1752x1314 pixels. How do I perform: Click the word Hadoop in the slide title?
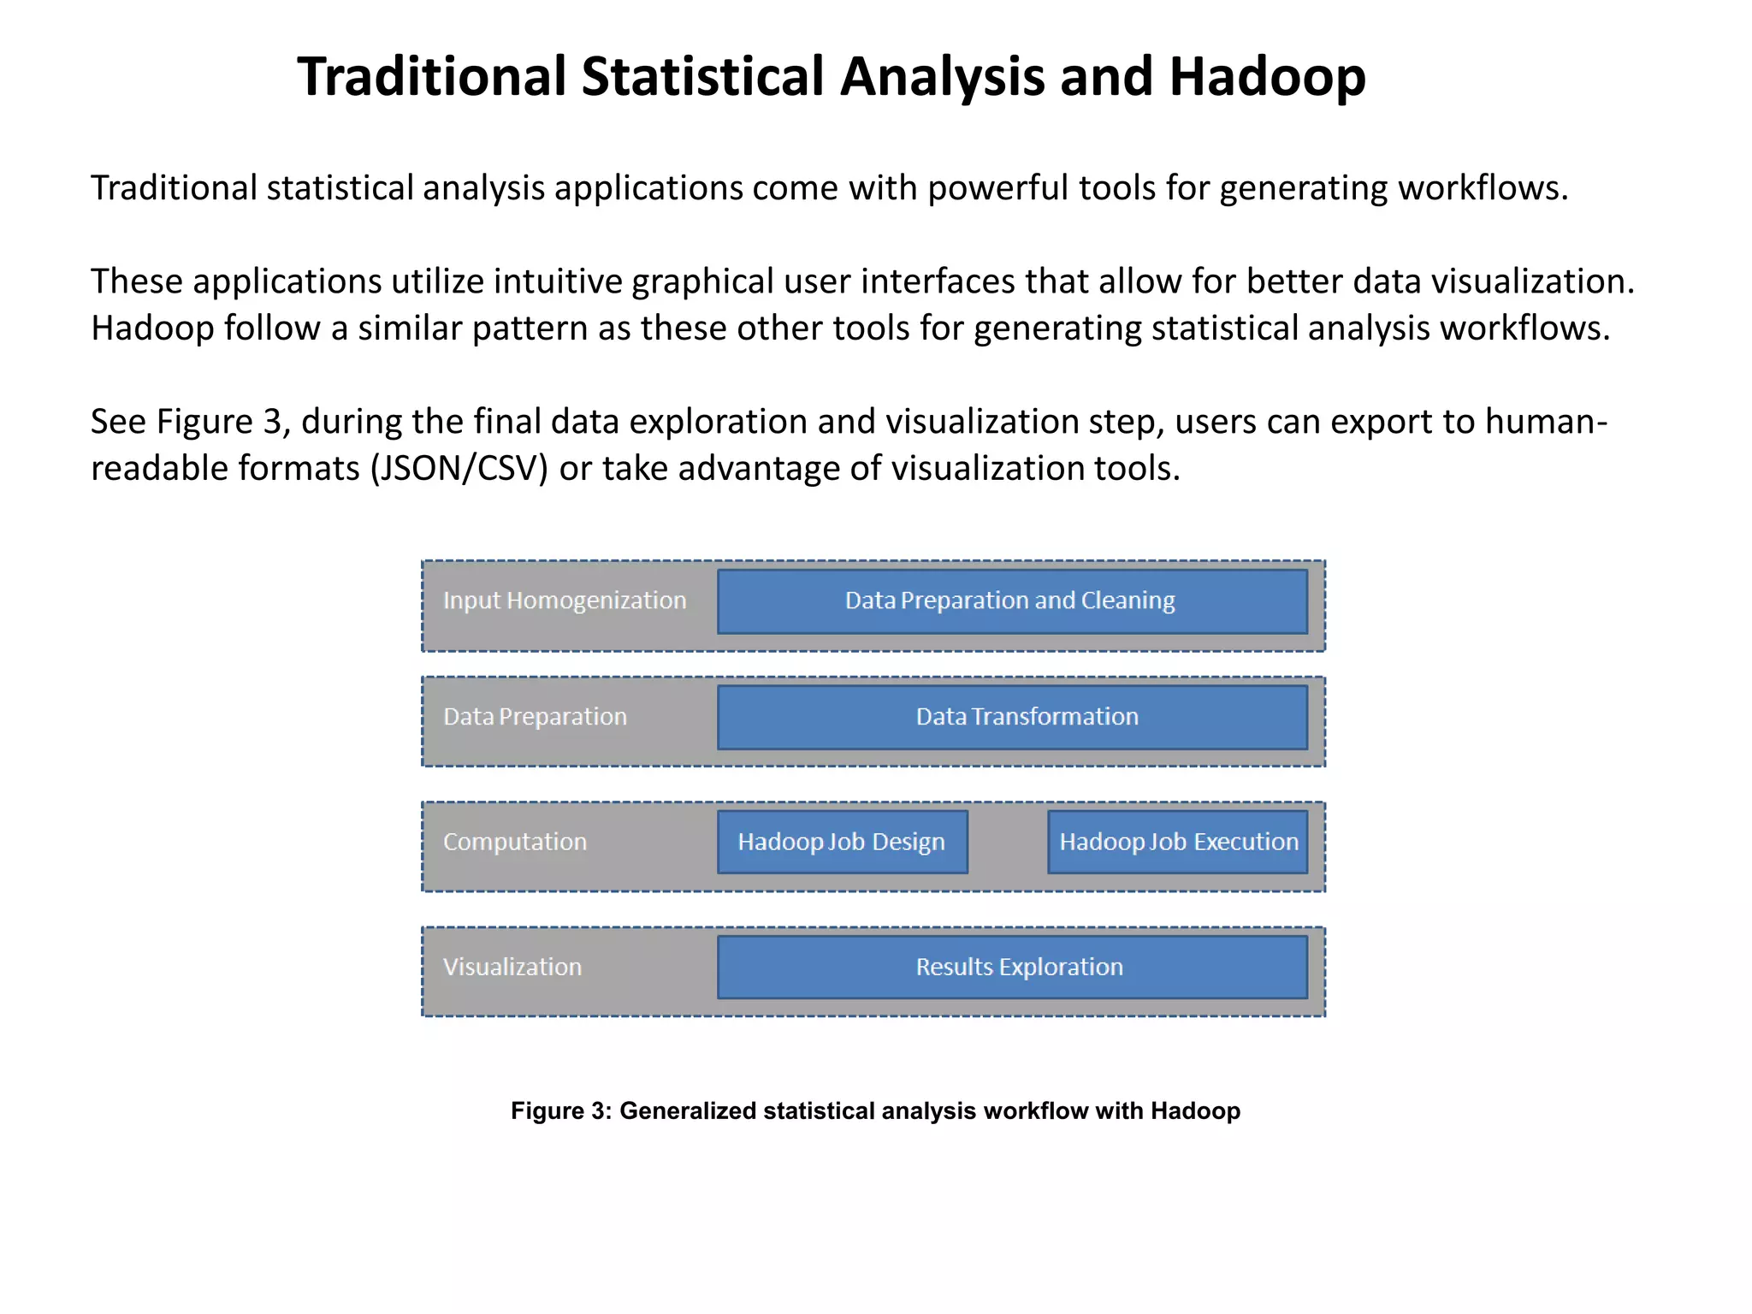click(x=1267, y=77)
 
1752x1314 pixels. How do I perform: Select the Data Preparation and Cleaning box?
click(x=1011, y=601)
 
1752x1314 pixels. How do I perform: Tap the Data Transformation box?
click(x=1011, y=717)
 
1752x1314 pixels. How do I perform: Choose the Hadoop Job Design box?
click(x=842, y=842)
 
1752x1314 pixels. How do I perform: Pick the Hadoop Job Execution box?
click(x=1178, y=842)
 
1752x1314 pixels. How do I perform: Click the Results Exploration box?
click(x=1011, y=967)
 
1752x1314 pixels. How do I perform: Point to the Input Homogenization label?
click(x=565, y=601)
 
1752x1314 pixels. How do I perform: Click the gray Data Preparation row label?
click(x=535, y=717)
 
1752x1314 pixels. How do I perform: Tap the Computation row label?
click(x=515, y=842)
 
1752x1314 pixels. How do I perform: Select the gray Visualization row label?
click(x=512, y=967)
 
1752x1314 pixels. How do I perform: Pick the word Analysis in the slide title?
click(x=942, y=77)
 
